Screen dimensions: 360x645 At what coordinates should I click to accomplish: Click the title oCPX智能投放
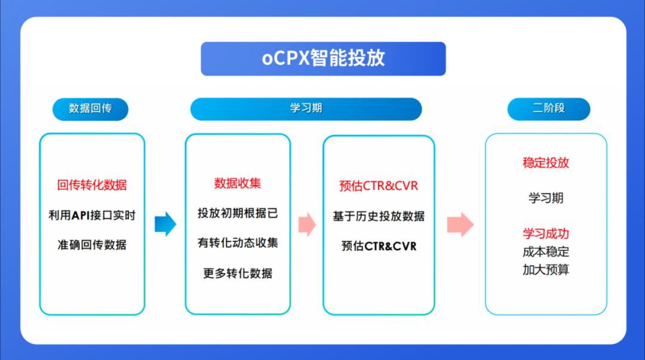[x=323, y=59]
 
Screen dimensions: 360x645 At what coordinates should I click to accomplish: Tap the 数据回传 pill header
[x=90, y=109]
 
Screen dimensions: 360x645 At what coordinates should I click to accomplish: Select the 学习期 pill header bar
[x=306, y=109]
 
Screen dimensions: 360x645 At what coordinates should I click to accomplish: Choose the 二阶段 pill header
[x=548, y=109]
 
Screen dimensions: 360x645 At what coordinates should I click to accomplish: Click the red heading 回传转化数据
[x=92, y=184]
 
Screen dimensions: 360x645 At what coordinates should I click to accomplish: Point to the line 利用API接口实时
[x=92, y=215]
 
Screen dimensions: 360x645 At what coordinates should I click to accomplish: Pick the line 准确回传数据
[x=92, y=245]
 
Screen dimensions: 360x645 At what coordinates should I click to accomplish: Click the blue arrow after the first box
[x=165, y=224]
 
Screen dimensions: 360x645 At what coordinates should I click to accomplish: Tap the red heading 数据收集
[x=238, y=183]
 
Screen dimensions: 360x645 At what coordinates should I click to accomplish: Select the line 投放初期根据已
[x=238, y=213]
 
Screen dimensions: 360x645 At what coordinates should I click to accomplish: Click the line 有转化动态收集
[x=238, y=243]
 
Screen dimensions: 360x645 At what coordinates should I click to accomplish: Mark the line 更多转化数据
[x=238, y=273]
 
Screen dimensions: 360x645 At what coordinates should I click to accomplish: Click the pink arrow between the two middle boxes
[x=307, y=224]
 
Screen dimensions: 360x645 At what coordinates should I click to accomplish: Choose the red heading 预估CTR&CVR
[x=379, y=186]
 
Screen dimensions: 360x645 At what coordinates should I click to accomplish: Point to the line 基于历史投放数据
[x=379, y=216]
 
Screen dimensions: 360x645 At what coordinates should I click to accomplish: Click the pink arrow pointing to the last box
[x=460, y=224]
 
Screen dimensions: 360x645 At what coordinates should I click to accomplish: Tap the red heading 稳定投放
[x=546, y=162]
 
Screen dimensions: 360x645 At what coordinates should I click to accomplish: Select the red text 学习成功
[x=546, y=233]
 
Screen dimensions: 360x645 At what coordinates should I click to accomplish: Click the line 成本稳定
[x=546, y=251]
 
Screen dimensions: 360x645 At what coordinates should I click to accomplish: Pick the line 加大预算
[x=546, y=269]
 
